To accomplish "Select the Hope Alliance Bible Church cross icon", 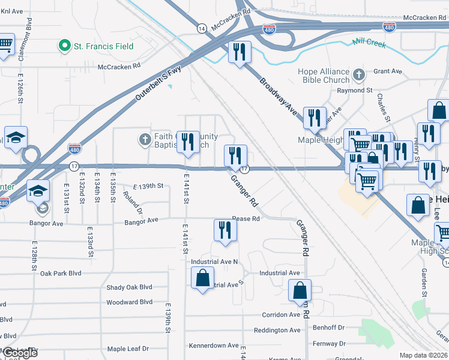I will click(358, 75).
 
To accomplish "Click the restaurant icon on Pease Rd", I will click(225, 230).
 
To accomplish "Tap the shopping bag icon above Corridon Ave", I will click(300, 290).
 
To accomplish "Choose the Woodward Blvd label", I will click(129, 302).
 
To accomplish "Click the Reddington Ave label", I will click(277, 330).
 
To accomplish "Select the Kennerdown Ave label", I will click(214, 346).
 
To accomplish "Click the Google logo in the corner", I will click(19, 353).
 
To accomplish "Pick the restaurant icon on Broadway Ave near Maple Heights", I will click(315, 118).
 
